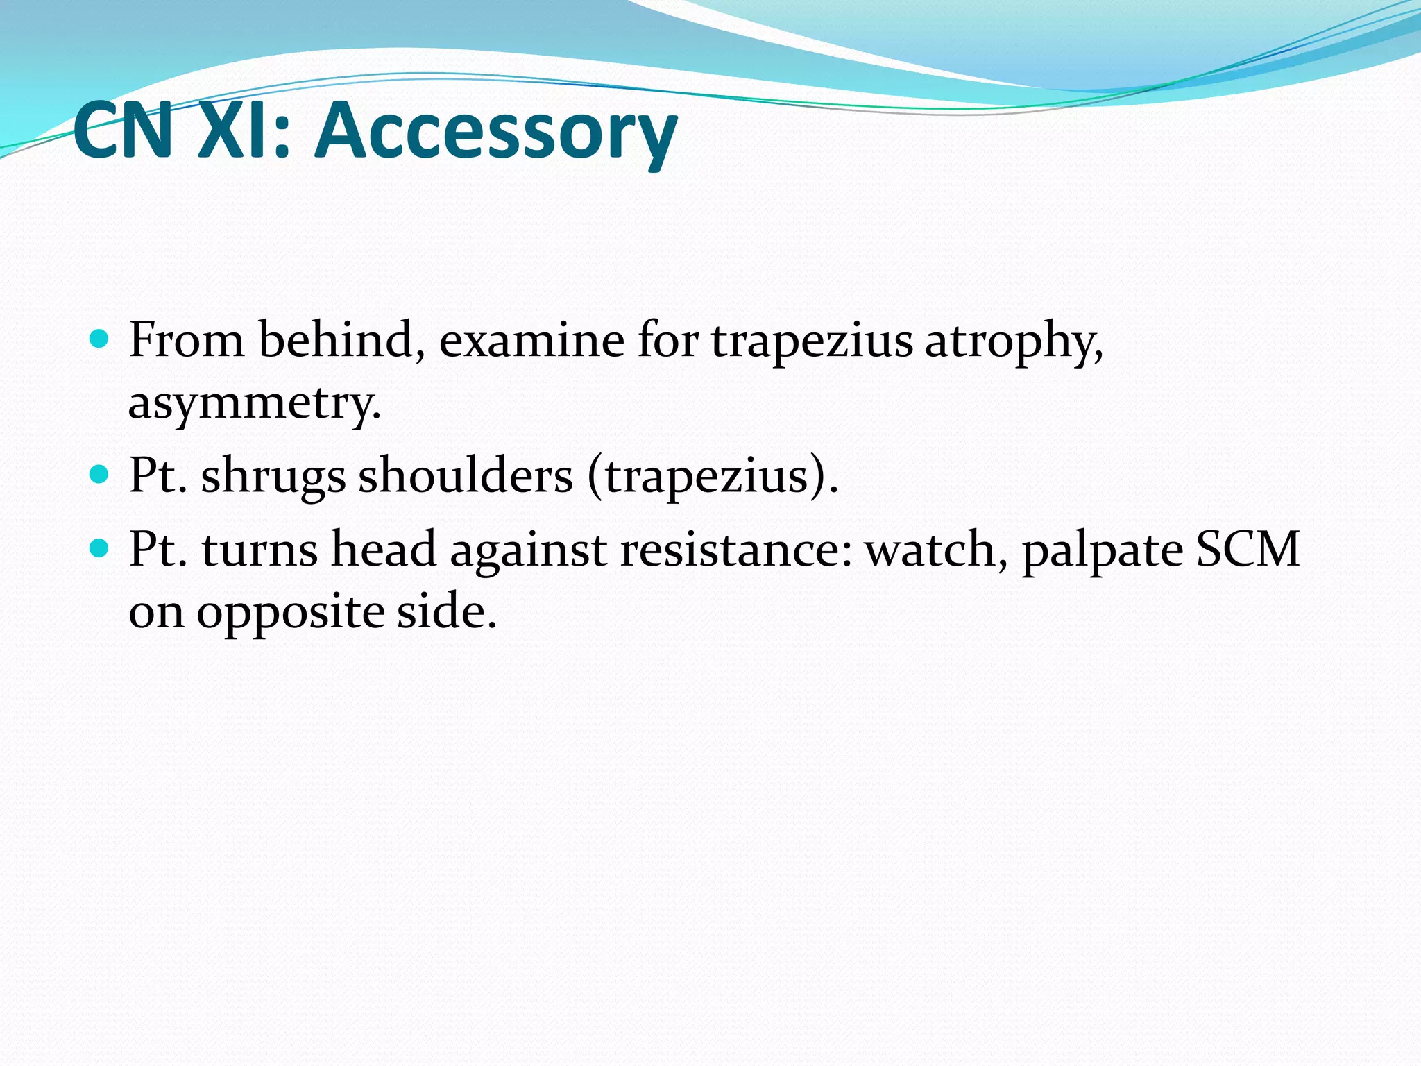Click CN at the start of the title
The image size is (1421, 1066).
(124, 130)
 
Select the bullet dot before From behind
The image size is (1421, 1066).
(100, 339)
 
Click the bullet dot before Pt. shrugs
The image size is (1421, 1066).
(100, 475)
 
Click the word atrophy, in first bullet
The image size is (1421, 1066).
(1014, 342)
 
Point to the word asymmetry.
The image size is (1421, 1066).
(255, 404)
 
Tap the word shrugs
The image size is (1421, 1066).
(273, 477)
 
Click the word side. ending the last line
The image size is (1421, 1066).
(446, 612)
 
